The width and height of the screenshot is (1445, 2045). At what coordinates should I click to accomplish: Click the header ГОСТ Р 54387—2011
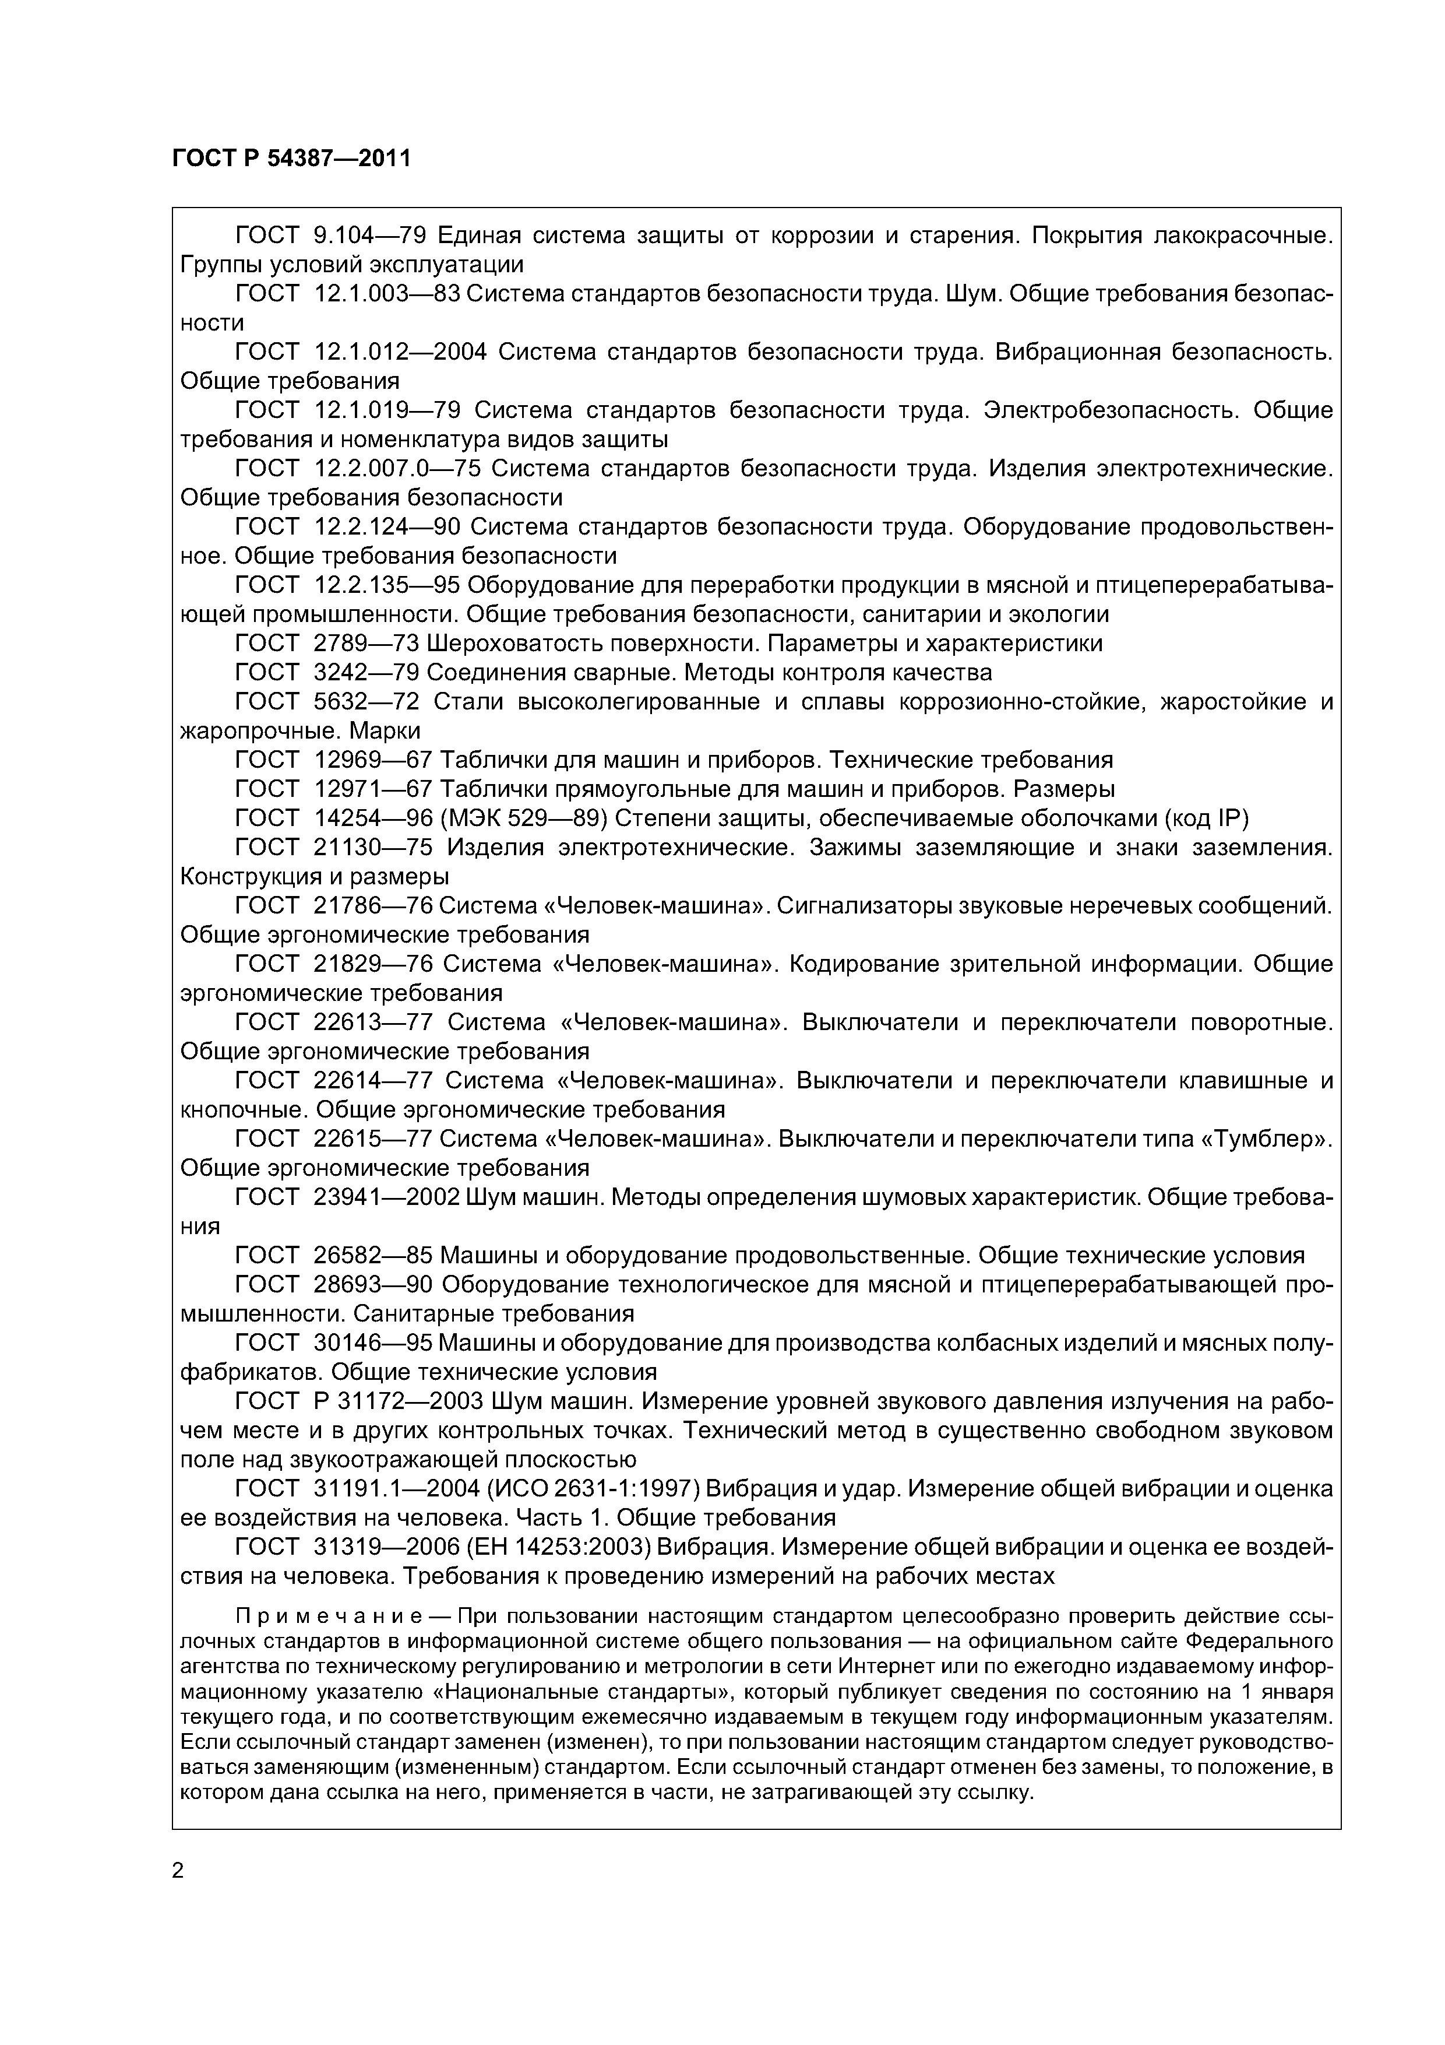click(291, 159)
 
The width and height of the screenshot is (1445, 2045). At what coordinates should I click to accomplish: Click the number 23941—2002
click(386, 1197)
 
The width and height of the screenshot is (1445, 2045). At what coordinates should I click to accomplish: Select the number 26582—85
click(373, 1255)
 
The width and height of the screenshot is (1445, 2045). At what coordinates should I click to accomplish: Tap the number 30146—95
click(373, 1343)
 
